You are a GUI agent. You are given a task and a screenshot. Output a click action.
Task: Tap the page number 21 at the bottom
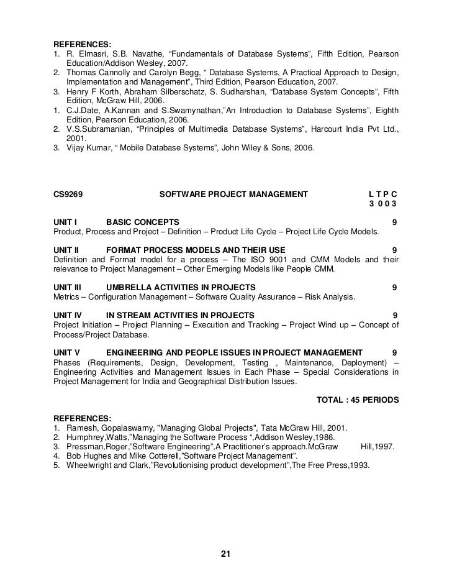click(x=226, y=554)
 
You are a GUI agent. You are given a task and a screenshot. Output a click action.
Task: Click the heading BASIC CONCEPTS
click(x=143, y=222)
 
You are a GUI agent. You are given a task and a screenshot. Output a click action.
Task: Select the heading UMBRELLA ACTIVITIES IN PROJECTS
click(x=181, y=287)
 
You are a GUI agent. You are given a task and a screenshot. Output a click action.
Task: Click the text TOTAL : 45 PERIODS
click(x=358, y=399)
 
